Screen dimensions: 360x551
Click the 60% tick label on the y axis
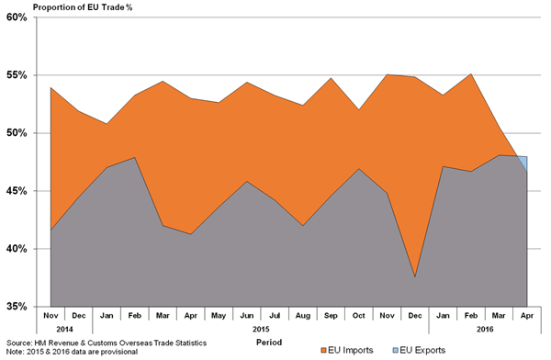tap(17, 17)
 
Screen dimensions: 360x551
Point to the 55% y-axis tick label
tap(17, 75)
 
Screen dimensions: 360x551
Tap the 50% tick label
tap(17, 133)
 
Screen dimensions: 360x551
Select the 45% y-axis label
tap(17, 191)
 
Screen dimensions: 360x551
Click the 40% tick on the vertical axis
tap(17, 249)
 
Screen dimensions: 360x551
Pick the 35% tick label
tap(17, 307)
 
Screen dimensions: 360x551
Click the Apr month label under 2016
tap(527, 314)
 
